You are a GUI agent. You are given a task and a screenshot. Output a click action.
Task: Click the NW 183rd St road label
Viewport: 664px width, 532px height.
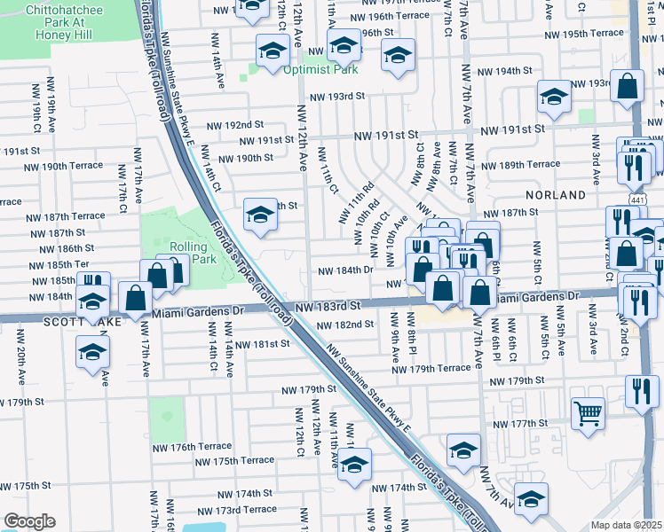click(328, 305)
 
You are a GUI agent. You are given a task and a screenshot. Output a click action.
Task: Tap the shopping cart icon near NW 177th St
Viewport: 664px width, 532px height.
click(589, 413)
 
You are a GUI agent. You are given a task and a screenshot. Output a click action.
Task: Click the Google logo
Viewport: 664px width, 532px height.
click(29, 521)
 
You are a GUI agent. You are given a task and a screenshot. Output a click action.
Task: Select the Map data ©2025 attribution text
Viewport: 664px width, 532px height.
click(627, 524)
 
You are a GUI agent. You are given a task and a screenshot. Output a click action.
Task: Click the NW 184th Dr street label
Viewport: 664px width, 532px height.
click(344, 270)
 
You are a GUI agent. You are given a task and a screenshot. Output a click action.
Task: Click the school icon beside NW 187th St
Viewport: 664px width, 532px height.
click(259, 215)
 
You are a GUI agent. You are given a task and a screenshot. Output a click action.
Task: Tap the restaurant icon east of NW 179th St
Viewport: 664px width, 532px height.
click(642, 390)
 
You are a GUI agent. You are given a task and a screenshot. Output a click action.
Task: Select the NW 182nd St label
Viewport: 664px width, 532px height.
click(345, 325)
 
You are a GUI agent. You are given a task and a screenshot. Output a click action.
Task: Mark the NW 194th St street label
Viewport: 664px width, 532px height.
click(504, 71)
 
